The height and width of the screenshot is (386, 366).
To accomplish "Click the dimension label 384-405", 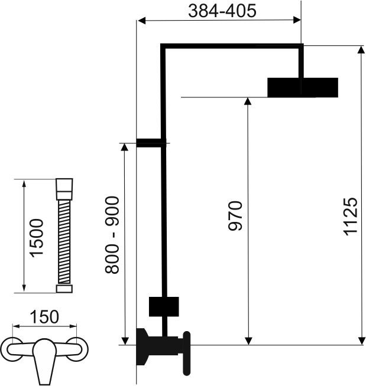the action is [222, 11].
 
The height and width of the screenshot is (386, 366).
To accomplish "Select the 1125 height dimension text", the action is [351, 217].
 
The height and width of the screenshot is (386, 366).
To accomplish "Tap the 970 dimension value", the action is [235, 216].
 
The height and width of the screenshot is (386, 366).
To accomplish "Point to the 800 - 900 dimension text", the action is [112, 235].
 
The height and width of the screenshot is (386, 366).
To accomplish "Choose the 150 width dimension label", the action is [44, 317].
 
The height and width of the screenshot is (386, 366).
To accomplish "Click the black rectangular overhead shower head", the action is [303, 87].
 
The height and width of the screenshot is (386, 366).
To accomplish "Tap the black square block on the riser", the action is [164, 306].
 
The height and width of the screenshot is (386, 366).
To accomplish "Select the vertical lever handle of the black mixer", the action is [187, 354].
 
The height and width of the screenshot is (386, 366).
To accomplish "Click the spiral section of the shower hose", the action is [64, 242].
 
